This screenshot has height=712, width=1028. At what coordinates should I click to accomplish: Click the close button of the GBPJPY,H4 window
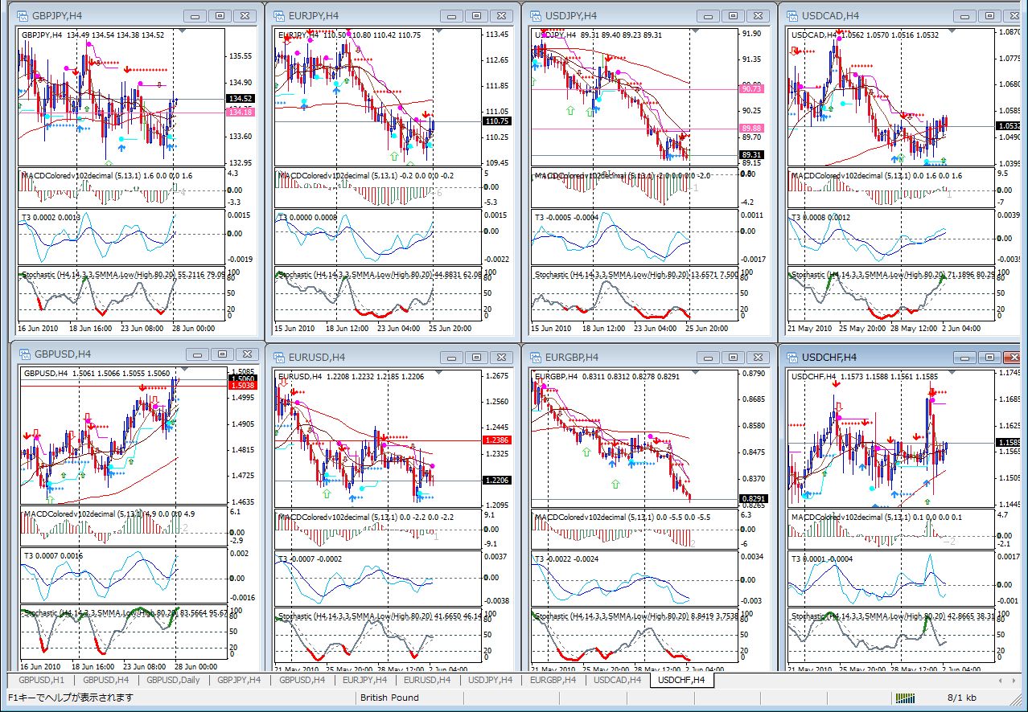tap(247, 15)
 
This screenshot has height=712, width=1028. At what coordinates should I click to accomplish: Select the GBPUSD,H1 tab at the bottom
tap(40, 680)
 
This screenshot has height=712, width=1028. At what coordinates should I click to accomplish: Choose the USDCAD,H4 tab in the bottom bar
tap(617, 680)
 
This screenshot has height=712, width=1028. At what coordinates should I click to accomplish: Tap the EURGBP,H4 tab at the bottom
tap(553, 680)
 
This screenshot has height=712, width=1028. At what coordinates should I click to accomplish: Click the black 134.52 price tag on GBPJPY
tap(241, 99)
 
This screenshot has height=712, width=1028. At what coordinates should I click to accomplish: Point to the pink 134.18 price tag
tap(241, 113)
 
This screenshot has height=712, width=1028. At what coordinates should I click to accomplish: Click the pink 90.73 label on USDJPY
tap(752, 88)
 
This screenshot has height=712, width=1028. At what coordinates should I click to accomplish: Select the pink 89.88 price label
tap(752, 128)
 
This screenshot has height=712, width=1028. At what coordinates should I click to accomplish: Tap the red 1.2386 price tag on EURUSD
tap(496, 440)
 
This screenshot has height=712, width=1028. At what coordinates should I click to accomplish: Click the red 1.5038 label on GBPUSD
tap(242, 386)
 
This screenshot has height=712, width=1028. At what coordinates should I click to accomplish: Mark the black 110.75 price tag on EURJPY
tap(497, 121)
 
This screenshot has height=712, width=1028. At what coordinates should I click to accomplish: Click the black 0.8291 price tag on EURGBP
tap(752, 499)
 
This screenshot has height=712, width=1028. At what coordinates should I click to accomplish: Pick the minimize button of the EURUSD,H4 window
tap(452, 357)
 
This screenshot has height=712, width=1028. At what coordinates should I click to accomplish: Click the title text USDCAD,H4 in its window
tap(830, 15)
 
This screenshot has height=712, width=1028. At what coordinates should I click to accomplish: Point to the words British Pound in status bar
tap(389, 698)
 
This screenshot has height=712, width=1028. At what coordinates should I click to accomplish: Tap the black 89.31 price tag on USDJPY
tap(752, 155)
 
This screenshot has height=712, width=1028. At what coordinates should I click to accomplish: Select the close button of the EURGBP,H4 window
tap(759, 357)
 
